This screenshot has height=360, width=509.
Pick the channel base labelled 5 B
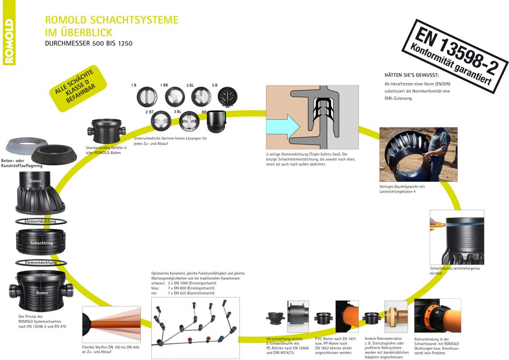click(x=227, y=96)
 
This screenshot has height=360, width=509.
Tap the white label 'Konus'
click(x=36, y=181)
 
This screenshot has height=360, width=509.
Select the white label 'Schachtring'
click(x=41, y=243)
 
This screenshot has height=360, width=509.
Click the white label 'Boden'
click(x=42, y=292)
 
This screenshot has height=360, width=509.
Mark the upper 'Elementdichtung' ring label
click(x=41, y=221)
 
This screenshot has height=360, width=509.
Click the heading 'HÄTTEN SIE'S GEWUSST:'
click(x=411, y=75)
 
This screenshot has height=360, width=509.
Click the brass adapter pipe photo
click(x=396, y=317)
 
